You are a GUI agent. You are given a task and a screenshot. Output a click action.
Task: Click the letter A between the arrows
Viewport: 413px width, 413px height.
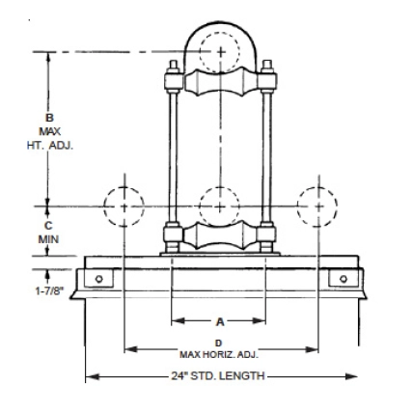(219, 320)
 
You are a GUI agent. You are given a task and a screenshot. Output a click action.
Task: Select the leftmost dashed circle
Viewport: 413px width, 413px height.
(124, 205)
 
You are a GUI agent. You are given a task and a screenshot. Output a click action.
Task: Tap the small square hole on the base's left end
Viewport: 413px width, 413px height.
(96, 279)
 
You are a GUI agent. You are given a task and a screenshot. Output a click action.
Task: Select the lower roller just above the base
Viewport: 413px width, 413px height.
(219, 237)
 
